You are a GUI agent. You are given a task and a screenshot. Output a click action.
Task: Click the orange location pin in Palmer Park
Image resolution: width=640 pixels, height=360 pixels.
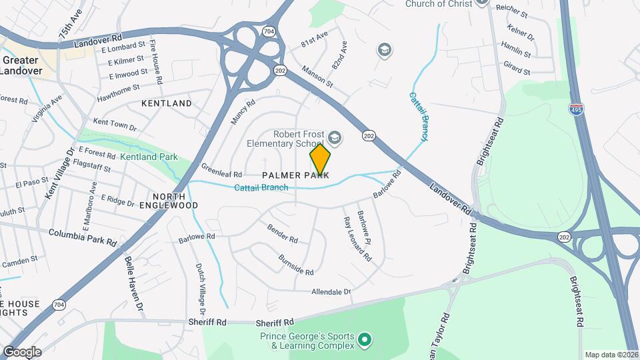point(320,159)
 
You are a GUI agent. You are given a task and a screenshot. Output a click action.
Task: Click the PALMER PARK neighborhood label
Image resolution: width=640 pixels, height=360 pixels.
point(295,175)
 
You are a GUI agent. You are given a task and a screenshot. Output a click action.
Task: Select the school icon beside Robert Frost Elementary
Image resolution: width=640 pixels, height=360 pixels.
point(334,138)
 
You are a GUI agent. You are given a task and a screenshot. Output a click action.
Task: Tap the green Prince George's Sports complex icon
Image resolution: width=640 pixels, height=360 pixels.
point(364,341)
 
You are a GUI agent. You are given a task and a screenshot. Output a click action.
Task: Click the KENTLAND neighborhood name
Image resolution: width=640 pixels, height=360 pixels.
point(167,103)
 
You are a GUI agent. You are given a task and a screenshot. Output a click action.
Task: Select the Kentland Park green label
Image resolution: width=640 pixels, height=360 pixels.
point(149,157)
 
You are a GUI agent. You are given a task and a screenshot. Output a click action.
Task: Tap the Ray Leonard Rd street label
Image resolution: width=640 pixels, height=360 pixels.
point(357,239)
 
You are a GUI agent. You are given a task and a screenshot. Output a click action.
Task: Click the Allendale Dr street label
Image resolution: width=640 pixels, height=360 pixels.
point(331,292)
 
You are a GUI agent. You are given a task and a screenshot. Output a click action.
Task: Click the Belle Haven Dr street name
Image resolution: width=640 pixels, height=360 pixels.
point(135,284)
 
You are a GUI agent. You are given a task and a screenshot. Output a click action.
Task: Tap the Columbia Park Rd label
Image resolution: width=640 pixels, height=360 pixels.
point(83,235)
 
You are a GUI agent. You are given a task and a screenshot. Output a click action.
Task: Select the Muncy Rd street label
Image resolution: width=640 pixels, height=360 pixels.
point(243,112)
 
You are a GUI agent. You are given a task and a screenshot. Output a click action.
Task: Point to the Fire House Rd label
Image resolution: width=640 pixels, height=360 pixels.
point(157,62)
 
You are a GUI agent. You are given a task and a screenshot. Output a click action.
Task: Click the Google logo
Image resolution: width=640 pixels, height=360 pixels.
point(22,352)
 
